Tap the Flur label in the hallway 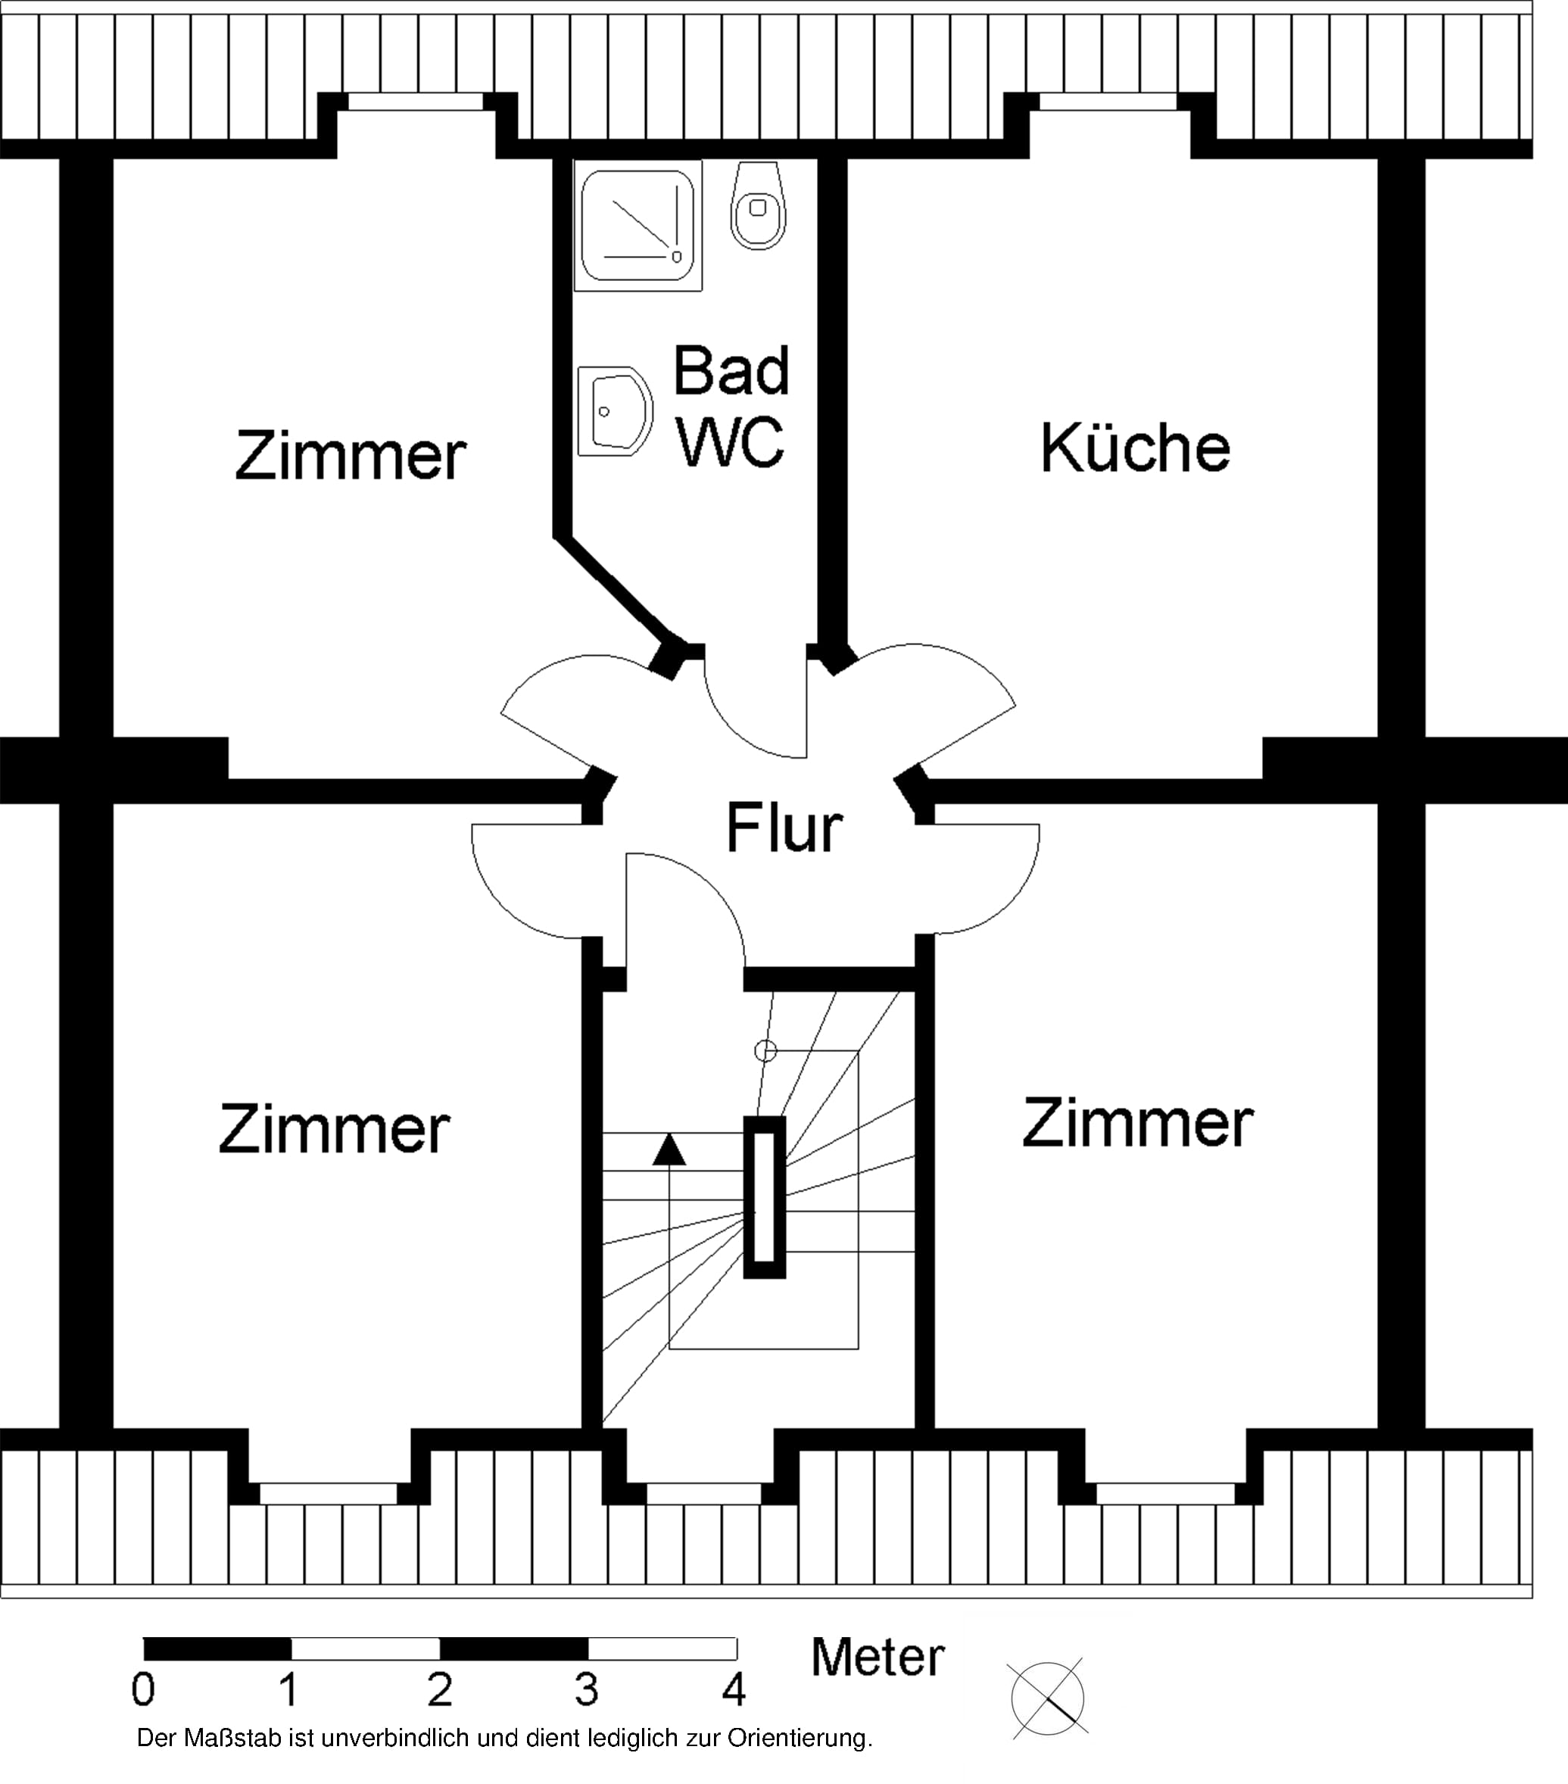[784, 827]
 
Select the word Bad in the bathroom [731, 370]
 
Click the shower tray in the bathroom [637, 225]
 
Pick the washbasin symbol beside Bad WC [614, 411]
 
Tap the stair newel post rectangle [765, 1196]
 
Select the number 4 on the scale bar [734, 1689]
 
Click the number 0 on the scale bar [143, 1689]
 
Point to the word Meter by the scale [878, 1657]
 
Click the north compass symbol [1048, 1698]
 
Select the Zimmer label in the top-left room [350, 455]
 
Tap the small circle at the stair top [765, 1051]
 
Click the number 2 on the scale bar [440, 1689]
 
